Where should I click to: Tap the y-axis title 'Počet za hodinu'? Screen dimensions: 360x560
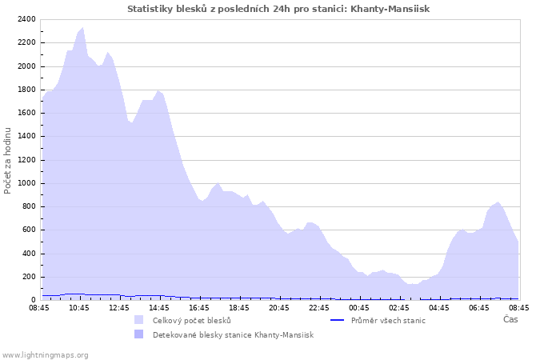click(x=8, y=160)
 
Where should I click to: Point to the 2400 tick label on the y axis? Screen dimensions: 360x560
click(x=26, y=19)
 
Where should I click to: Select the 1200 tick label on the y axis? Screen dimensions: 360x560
click(x=26, y=160)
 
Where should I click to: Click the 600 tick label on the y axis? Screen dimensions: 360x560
click(x=28, y=230)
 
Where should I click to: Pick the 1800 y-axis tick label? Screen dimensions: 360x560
click(x=26, y=90)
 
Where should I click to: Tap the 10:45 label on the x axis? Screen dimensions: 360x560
click(x=79, y=307)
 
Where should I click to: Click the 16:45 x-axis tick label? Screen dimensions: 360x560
click(x=199, y=307)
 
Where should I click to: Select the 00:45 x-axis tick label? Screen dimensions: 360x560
click(x=359, y=307)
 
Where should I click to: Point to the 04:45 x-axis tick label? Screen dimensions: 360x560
click(x=439, y=307)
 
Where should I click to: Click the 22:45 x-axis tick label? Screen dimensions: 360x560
click(x=319, y=307)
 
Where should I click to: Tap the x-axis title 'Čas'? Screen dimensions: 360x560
click(x=510, y=320)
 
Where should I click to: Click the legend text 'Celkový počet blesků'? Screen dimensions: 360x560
click(x=191, y=321)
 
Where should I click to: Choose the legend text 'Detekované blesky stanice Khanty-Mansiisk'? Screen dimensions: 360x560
click(x=233, y=335)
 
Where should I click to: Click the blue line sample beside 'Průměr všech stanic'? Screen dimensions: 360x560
click(x=338, y=321)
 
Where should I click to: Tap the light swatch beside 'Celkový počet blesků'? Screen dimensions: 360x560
click(x=139, y=321)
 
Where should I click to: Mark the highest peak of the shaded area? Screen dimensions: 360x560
click(x=82, y=28)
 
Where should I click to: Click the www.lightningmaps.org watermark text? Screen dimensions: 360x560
click(x=45, y=355)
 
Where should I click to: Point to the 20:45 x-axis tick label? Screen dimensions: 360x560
click(x=279, y=307)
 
